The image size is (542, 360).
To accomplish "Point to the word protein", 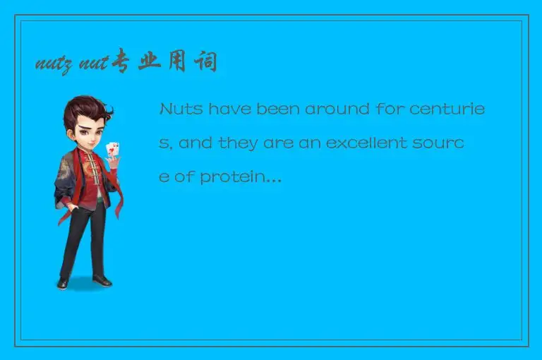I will (x=240, y=177).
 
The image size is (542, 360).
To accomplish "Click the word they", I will (x=238, y=143).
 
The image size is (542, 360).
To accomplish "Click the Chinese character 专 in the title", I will (x=122, y=63).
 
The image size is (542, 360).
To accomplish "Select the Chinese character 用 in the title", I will (x=179, y=63).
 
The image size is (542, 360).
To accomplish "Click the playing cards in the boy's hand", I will (x=112, y=150).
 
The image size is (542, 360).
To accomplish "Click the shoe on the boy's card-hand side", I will (x=102, y=280).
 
